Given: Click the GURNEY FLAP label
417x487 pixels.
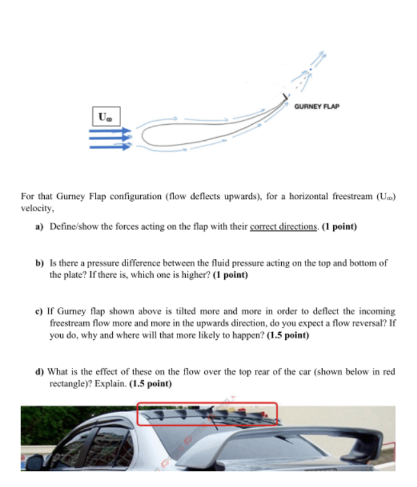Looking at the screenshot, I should coord(316,106).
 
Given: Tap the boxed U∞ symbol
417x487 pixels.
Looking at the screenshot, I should coord(104,118).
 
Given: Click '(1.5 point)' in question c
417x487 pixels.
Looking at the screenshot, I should coord(285,335).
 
